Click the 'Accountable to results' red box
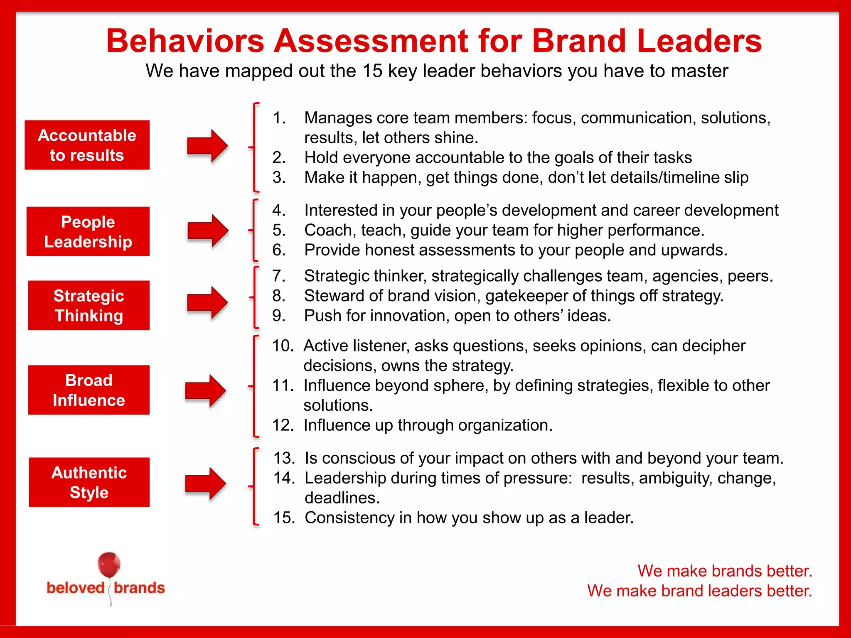click(87, 145)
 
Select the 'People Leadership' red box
click(88, 231)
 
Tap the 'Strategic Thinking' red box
click(89, 305)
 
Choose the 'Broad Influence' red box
click(89, 390)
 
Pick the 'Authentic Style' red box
click(89, 482)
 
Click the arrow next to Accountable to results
click(207, 146)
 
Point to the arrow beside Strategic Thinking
click(207, 303)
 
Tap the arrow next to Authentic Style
click(205, 483)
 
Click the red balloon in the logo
click(109, 565)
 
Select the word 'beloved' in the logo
click(76, 588)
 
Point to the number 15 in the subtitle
click(372, 71)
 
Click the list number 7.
click(279, 276)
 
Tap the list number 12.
click(283, 425)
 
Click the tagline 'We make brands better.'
click(725, 571)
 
